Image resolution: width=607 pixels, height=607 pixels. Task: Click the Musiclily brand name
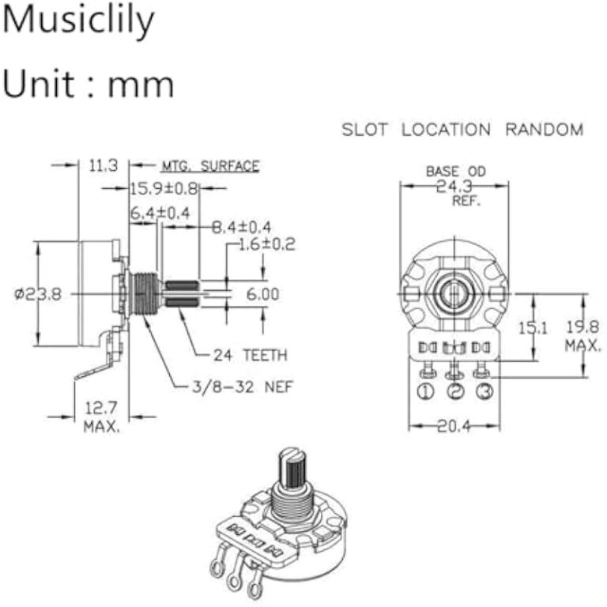(77, 21)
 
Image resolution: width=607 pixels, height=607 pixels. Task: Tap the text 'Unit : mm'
(88, 83)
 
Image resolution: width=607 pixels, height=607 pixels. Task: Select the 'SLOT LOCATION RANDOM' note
(462, 130)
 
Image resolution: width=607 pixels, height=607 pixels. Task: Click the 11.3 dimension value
(104, 165)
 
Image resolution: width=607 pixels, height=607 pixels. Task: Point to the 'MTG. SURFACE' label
(210, 166)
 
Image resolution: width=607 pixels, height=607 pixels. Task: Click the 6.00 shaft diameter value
(263, 293)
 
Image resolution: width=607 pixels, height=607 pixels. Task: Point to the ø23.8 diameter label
(37, 294)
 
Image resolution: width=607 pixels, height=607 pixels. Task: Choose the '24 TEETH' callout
(251, 354)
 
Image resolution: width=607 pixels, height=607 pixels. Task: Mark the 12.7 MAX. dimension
(102, 417)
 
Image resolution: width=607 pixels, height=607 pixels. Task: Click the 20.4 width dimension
(454, 426)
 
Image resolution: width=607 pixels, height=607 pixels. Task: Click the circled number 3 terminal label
(483, 391)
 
